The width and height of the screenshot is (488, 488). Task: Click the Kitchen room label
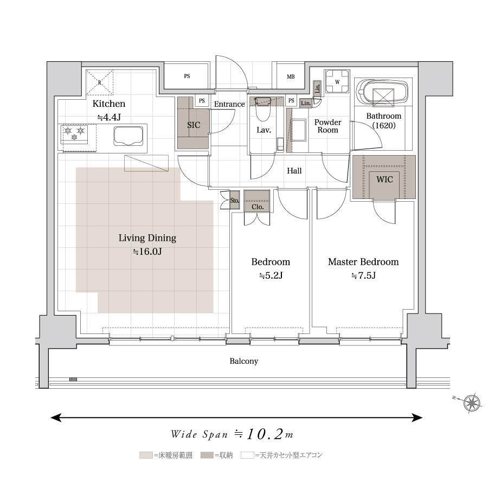pos(109,104)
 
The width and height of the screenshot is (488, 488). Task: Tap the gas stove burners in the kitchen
pos(74,134)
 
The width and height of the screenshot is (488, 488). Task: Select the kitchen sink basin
pos(128,136)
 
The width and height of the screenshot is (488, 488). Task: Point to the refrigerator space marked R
pos(100,82)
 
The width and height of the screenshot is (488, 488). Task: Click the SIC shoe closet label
pos(194,125)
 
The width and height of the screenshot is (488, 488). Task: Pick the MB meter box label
pos(291,76)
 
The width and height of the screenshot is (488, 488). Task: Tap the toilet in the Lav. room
pos(263,110)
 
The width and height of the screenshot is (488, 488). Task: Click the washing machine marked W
pos(337,82)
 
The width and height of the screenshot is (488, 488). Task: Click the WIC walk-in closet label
pos(384,179)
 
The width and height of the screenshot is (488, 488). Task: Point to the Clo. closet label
pos(258,207)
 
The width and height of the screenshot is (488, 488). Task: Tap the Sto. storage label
pos(235,201)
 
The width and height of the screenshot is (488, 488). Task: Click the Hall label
pos(294,171)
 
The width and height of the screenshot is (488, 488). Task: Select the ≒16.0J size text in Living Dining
pos(147,252)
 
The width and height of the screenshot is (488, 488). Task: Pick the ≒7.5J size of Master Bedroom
pos(363,275)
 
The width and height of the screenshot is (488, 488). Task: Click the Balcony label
pos(244,361)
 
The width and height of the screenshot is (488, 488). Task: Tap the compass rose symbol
pos(472,403)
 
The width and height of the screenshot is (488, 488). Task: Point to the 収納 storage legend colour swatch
pos(207,455)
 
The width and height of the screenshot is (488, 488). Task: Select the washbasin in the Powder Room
pos(298,130)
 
